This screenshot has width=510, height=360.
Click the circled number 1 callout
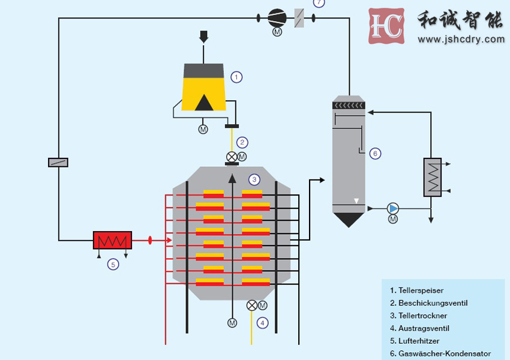(x=236, y=77)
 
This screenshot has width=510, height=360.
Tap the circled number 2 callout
(x=242, y=142)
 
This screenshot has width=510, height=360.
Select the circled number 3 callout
(x=254, y=179)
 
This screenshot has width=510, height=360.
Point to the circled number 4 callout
(x=262, y=323)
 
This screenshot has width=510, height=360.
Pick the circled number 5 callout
(x=113, y=263)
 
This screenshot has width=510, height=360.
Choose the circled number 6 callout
(x=375, y=154)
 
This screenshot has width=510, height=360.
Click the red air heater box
(x=112, y=240)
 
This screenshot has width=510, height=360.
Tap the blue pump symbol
(x=393, y=208)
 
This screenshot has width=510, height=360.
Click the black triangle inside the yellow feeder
(x=204, y=103)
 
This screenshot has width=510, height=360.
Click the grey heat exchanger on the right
(x=432, y=177)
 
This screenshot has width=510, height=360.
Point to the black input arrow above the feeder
(x=204, y=37)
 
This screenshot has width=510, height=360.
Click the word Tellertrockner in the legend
(x=422, y=316)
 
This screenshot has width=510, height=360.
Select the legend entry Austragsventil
(x=424, y=328)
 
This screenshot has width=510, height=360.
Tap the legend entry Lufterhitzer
(x=419, y=341)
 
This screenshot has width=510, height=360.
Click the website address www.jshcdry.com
(x=461, y=40)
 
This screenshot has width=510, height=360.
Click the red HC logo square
(x=386, y=26)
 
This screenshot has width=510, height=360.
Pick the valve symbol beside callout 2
(x=232, y=157)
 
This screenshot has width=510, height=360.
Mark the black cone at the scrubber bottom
(x=349, y=220)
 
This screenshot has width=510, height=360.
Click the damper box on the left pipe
(x=58, y=162)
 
